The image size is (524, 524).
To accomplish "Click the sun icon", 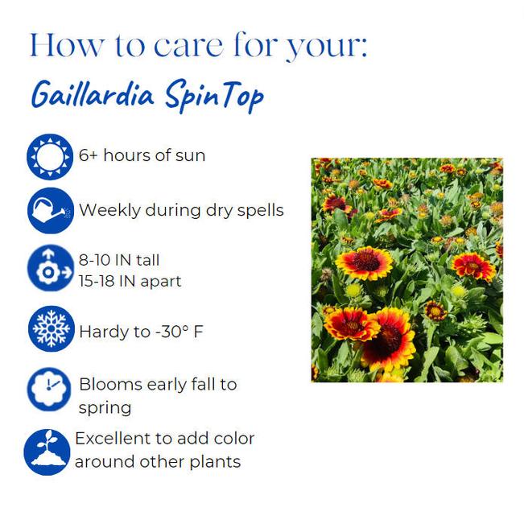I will coord(50,156).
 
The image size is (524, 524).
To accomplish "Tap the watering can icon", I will coord(50,212).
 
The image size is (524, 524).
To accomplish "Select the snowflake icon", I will coord(50,330).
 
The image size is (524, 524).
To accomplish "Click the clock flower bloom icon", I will coord(50,390).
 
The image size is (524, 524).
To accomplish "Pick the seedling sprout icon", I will coord(47,452).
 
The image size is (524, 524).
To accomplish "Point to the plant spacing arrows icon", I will coord(50,269).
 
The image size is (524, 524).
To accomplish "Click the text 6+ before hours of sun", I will coord(89,155).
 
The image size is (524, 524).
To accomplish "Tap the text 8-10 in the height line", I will coord(96,260).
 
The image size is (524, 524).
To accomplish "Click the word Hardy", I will coord(102,332).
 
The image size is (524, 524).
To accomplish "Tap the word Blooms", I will coord(109,385).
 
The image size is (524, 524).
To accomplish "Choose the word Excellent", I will coord(114,439).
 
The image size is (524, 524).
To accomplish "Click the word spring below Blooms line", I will coord(105,408).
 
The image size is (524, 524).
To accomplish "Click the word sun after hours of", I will coord(191,155).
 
